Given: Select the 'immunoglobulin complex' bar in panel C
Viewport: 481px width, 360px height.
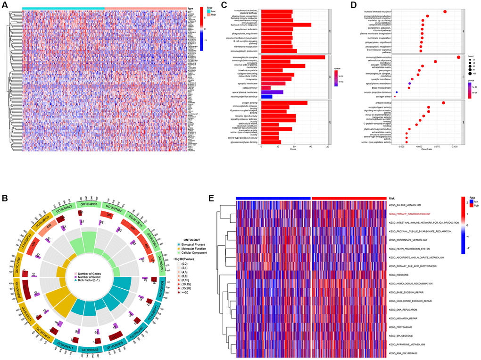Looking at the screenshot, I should coord(293,58).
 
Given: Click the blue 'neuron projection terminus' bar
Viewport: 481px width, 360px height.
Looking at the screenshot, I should coord(266,97).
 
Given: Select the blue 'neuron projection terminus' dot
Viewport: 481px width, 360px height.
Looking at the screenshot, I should coord(397,92).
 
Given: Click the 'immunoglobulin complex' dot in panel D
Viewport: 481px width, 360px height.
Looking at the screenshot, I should coord(459,58).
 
